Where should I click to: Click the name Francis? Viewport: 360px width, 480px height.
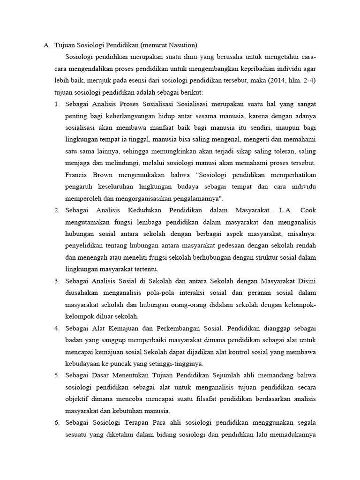(77, 174)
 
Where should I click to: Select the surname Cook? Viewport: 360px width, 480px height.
(306, 210)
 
